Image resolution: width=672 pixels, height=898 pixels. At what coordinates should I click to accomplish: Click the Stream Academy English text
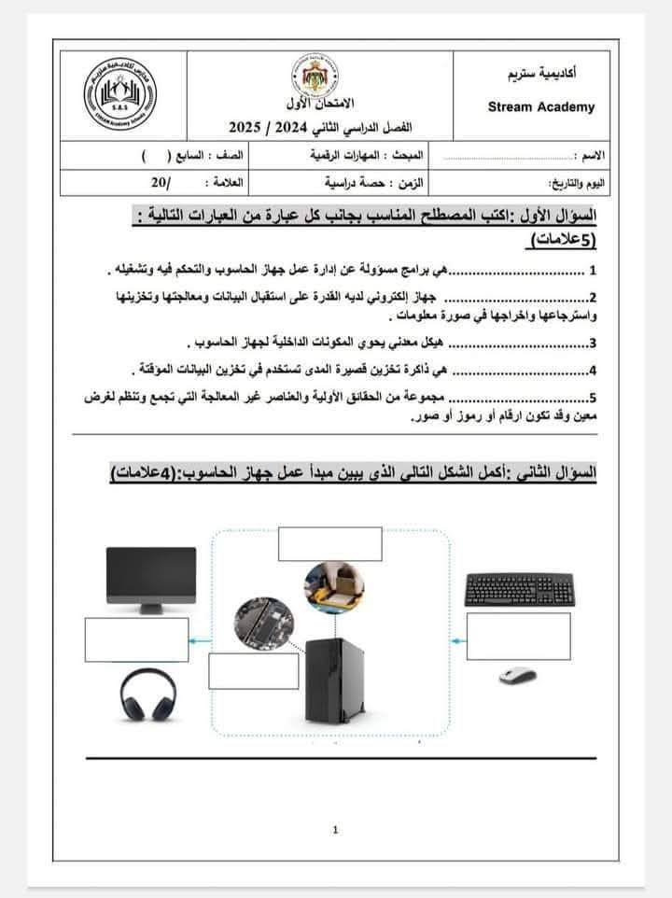pyautogui.click(x=540, y=106)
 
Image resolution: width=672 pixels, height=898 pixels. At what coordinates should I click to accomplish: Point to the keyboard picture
pyautogui.click(x=518, y=589)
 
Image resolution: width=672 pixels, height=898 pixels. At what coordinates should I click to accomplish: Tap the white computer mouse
pyautogui.click(x=519, y=675)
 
